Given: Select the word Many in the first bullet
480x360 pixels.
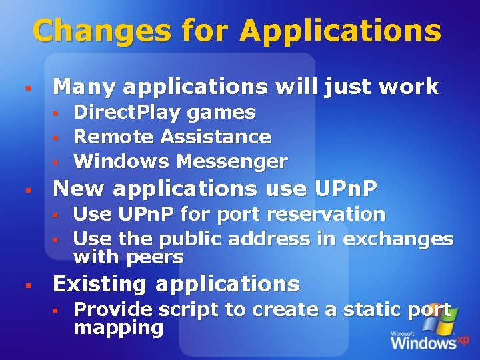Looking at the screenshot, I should tap(85, 86).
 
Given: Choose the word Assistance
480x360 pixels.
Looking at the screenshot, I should tap(216, 137).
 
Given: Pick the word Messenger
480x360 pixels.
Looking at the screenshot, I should tap(232, 161).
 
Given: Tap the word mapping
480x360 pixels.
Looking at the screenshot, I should tap(118, 327).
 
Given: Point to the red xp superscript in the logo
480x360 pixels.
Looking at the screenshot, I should tap(463, 339).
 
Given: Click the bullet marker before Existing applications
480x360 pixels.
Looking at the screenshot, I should tap(28, 285).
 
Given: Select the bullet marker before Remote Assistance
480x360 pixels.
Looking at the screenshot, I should tap(57, 137).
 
